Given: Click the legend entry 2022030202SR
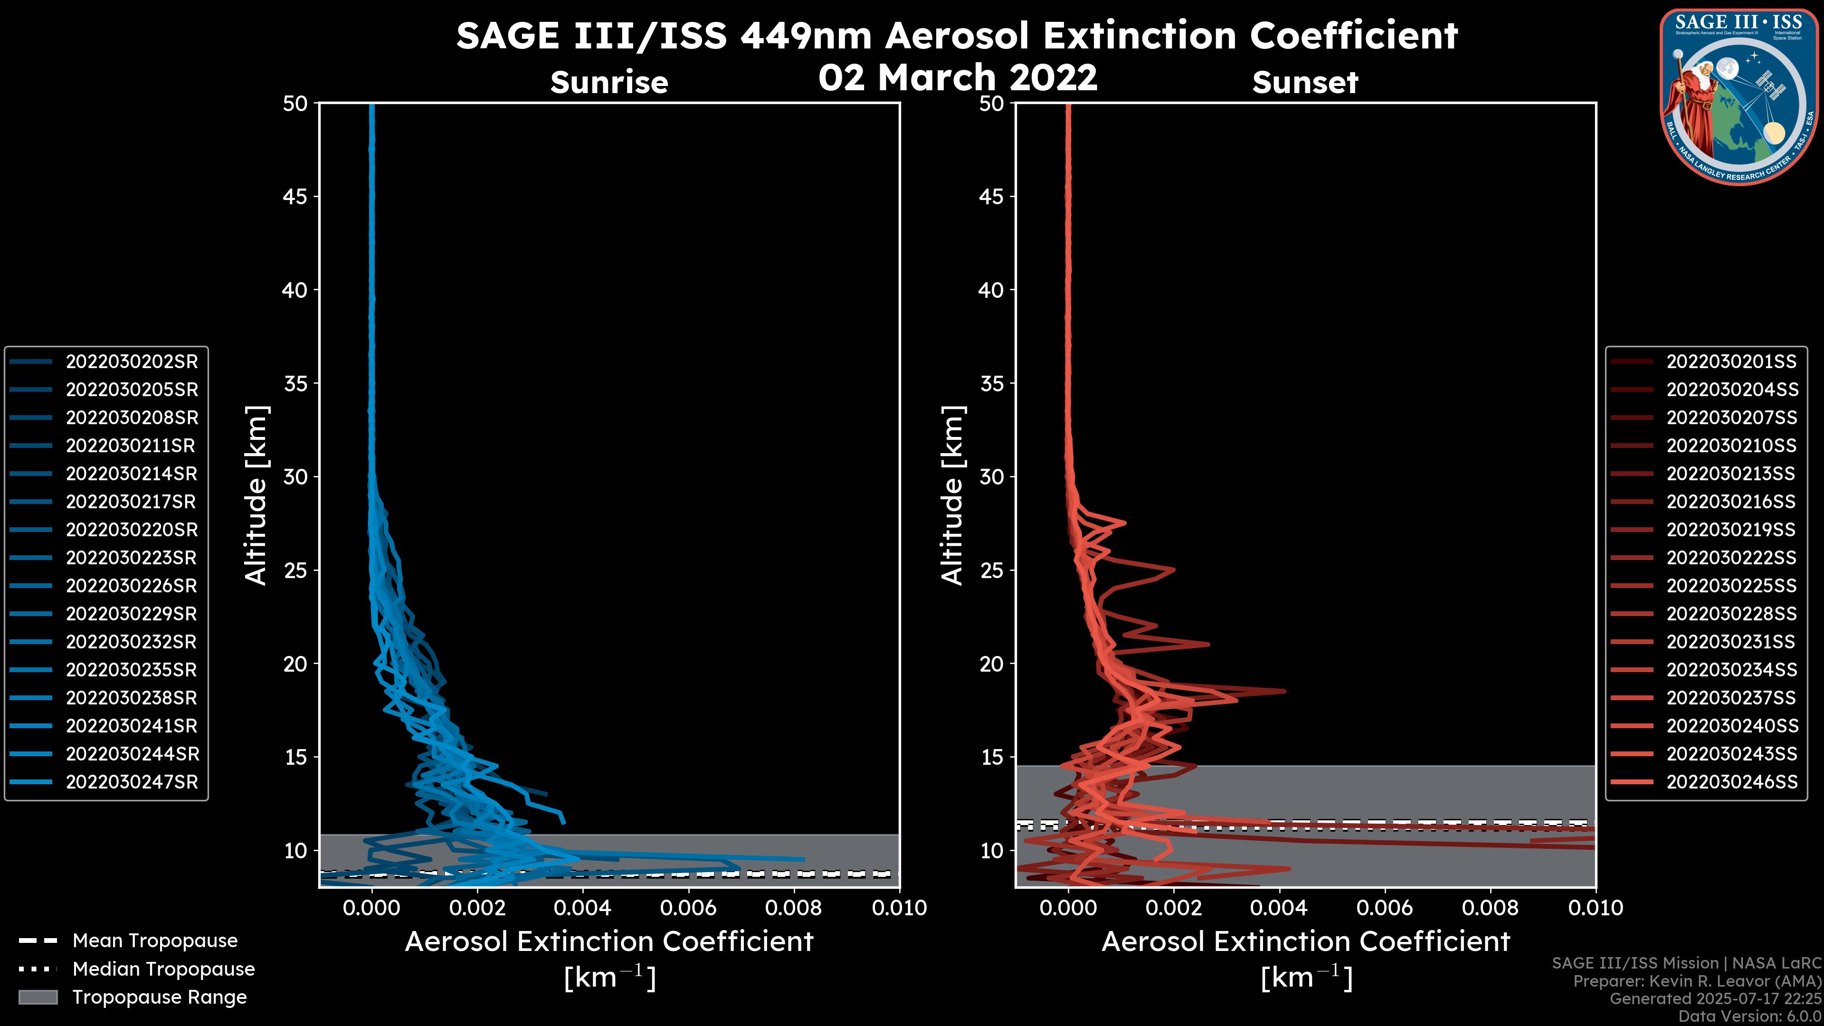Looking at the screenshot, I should (x=132, y=362).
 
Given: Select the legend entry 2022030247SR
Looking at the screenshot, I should (x=132, y=782).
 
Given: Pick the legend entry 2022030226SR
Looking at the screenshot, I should (x=132, y=586).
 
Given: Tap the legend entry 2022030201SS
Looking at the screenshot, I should (x=1731, y=362).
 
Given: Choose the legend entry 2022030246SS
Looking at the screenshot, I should (x=1731, y=782).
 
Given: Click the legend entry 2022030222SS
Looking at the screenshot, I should (x=1731, y=558).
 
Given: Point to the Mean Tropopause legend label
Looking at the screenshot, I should (x=155, y=941).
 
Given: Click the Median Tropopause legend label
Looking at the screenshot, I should (x=163, y=969).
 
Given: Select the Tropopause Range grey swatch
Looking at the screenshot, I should (x=38, y=997).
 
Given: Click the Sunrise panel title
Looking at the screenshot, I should (x=609, y=83).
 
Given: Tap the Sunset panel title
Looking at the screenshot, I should (x=1305, y=83).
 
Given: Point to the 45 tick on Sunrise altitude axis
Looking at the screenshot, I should (x=295, y=197).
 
